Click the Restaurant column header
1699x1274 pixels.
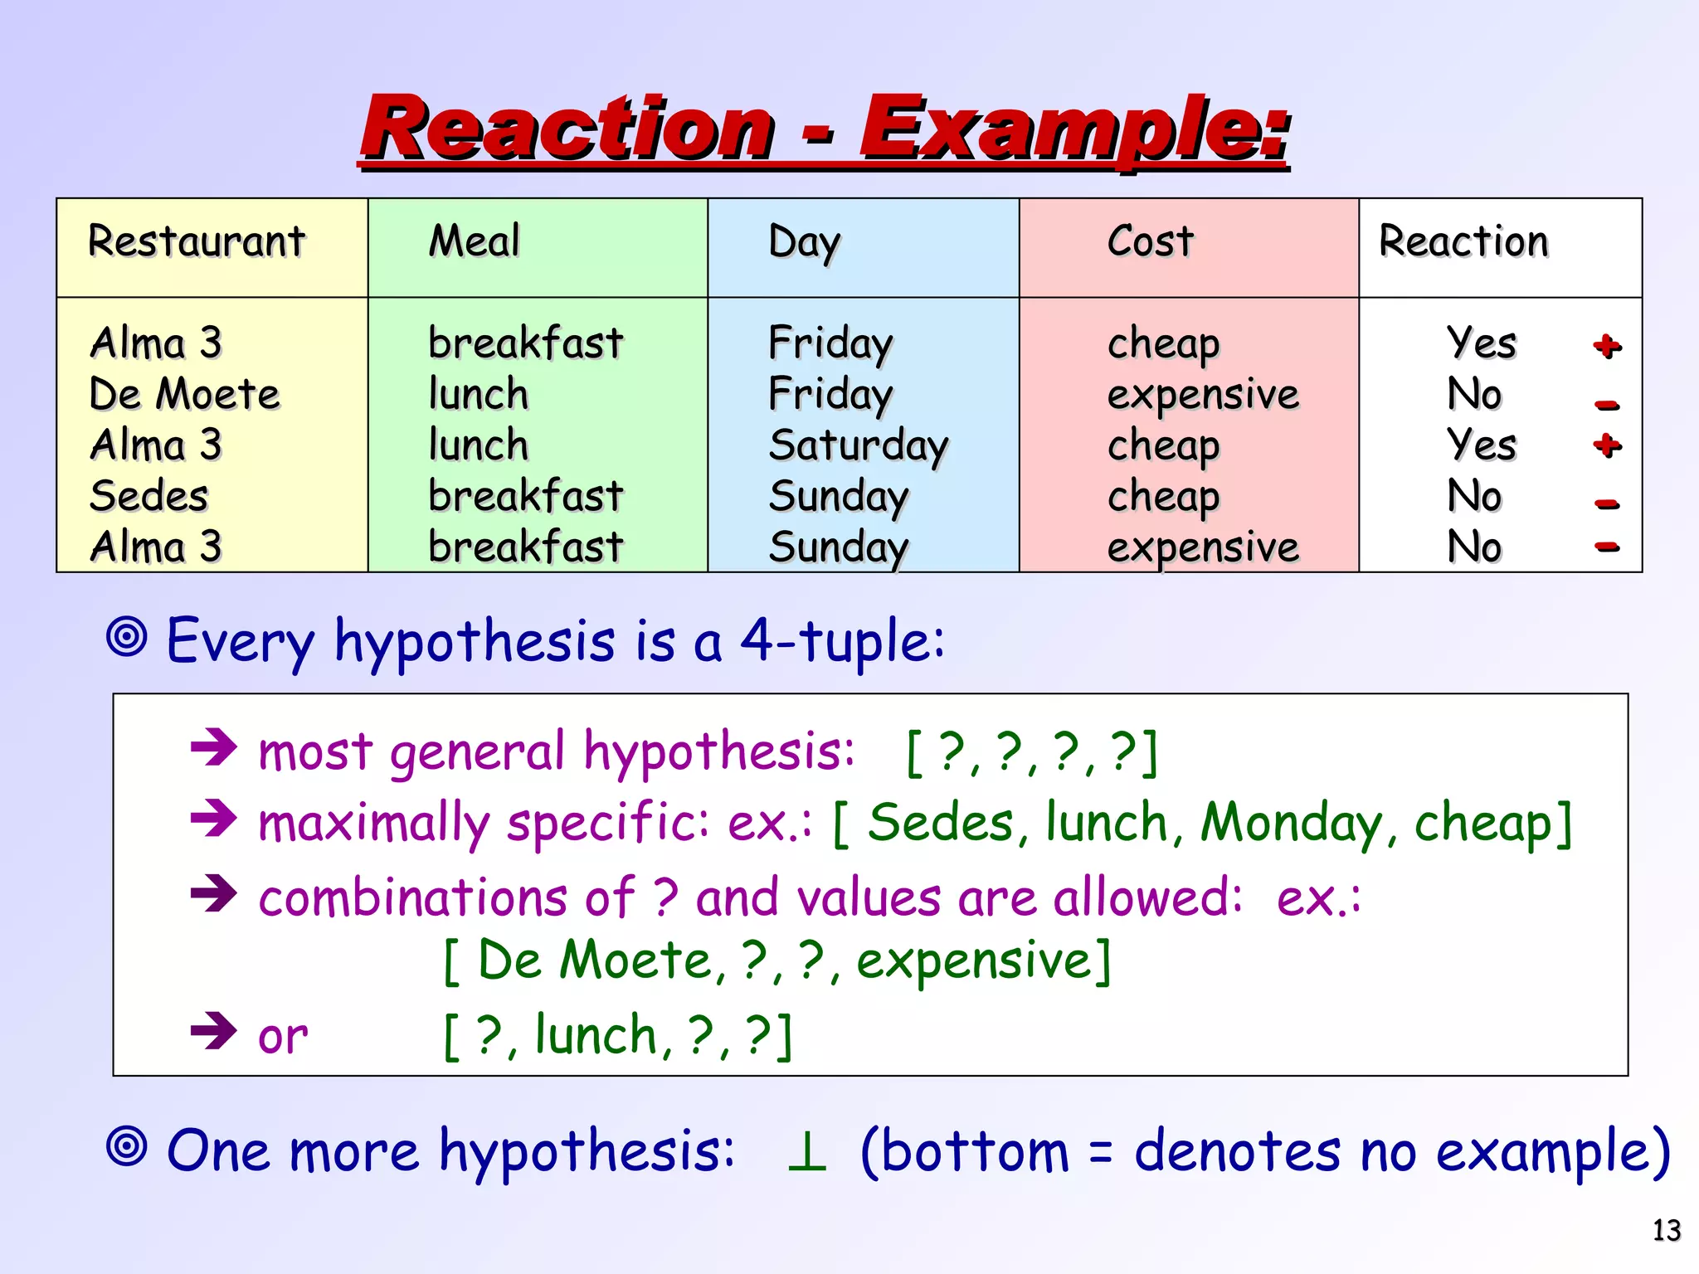pyautogui.click(x=197, y=242)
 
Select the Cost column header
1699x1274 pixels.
pyautogui.click(x=1150, y=242)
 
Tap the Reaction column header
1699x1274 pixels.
pyautogui.click(x=1463, y=242)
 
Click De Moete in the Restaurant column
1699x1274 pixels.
pyautogui.click(x=184, y=394)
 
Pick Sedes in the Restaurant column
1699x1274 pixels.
pyautogui.click(x=148, y=496)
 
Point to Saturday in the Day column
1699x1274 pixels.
pyautogui.click(x=858, y=446)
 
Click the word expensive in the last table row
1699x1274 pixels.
pyautogui.click(x=1202, y=547)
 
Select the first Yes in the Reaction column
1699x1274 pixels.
pyautogui.click(x=1481, y=343)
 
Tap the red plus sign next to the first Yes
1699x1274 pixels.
pyautogui.click(x=1607, y=346)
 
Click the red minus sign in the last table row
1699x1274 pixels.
pyautogui.click(x=1607, y=546)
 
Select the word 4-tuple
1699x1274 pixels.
pyautogui.click(x=841, y=640)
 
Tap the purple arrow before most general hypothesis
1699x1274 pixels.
pyautogui.click(x=214, y=747)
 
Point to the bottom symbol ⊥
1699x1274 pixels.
pyautogui.click(x=806, y=1152)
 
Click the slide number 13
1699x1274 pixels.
pyautogui.click(x=1666, y=1230)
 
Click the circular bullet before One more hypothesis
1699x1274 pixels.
pyautogui.click(x=127, y=1147)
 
